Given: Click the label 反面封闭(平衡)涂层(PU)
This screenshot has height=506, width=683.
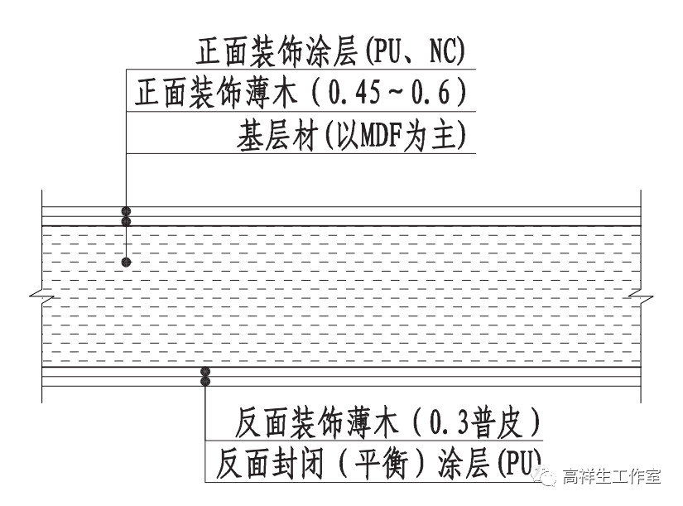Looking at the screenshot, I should (x=377, y=463).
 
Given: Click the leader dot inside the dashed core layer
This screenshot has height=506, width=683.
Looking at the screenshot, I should (x=126, y=263).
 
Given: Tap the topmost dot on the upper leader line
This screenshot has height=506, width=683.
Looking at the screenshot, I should (x=126, y=211).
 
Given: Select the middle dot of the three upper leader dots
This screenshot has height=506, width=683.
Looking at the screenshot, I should (x=126, y=221).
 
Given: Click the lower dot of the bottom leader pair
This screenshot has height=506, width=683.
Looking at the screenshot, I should (x=204, y=382).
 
